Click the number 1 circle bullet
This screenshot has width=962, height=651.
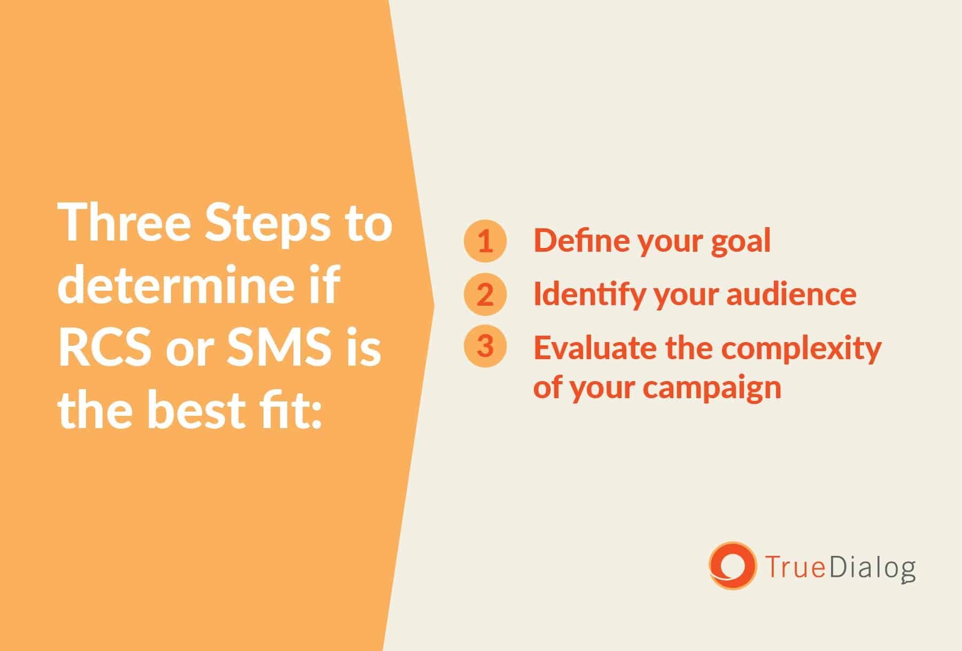[x=485, y=241]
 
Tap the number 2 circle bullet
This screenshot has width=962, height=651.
[x=485, y=294]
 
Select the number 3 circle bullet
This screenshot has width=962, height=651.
[x=485, y=346]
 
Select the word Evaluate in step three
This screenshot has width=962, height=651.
[x=595, y=347]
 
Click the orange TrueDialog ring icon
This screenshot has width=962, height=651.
[x=732, y=565]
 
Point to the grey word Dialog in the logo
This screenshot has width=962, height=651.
[x=873, y=568]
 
